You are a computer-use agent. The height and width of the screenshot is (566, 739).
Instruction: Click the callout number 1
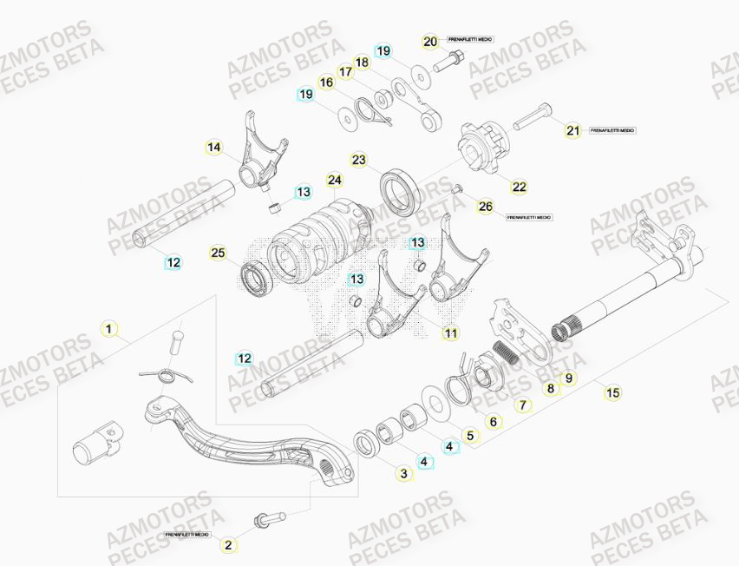tap(108, 329)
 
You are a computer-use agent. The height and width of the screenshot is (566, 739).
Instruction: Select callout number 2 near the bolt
tap(228, 545)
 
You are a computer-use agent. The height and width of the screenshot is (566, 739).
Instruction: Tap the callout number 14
tap(214, 148)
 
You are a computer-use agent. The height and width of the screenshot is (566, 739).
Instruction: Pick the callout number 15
tap(613, 393)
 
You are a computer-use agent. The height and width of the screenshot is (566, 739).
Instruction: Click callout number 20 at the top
tap(431, 42)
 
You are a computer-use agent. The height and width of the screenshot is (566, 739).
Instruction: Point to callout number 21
tap(572, 131)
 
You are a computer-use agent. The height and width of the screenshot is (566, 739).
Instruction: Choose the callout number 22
tap(519, 187)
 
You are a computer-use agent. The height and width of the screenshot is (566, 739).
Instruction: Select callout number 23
tap(359, 160)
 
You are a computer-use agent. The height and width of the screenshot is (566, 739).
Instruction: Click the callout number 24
tap(335, 180)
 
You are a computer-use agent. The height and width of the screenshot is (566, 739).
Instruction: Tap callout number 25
tap(219, 253)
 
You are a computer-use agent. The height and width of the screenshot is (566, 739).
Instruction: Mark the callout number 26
tap(485, 207)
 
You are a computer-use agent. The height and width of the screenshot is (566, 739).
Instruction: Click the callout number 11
tap(450, 332)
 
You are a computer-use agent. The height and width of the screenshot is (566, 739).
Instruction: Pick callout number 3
tap(403, 474)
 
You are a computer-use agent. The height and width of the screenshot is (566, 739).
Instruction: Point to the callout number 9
tap(569, 378)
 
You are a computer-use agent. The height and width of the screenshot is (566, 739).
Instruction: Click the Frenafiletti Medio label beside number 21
tap(612, 130)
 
